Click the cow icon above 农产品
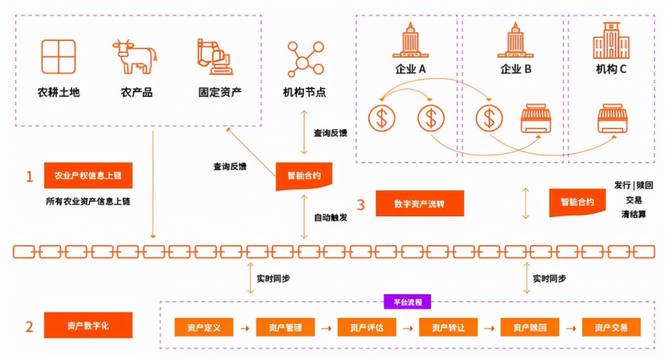click(134, 57)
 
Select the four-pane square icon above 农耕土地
click(59, 57)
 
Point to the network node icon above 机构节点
click(304, 58)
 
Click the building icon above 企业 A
click(410, 40)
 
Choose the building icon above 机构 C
click(611, 40)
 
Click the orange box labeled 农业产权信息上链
click(88, 176)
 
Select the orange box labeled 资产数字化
click(88, 326)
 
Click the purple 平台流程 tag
click(407, 302)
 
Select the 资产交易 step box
click(611, 327)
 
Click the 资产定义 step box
click(204, 327)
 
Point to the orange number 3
click(361, 204)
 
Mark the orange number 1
click(30, 177)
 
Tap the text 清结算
click(633, 214)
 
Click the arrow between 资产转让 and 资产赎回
click(489, 328)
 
